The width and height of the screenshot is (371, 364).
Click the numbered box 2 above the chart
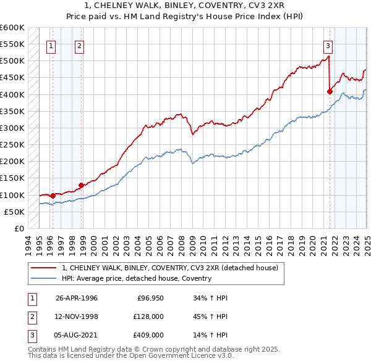(x=80, y=44)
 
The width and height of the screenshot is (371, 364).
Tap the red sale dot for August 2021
(x=330, y=91)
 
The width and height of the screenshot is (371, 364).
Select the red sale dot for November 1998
(x=82, y=185)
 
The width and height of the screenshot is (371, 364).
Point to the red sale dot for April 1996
(x=53, y=196)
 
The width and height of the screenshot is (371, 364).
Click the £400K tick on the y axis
(x=12, y=94)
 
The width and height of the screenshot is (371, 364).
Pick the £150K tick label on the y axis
(x=12, y=178)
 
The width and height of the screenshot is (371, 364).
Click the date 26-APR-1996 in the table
(x=77, y=298)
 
